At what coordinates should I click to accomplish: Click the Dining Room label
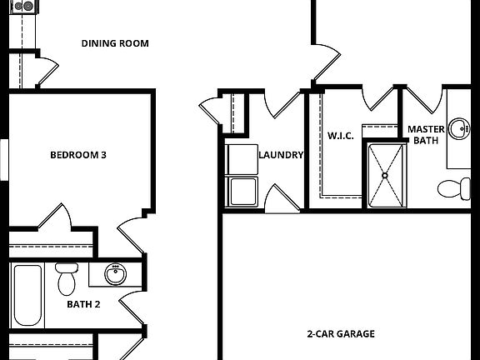pyautogui.click(x=115, y=43)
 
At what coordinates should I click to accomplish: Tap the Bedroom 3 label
pyautogui.click(x=77, y=154)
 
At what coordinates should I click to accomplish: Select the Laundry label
pyautogui.click(x=281, y=155)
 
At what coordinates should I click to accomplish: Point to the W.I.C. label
pyautogui.click(x=341, y=135)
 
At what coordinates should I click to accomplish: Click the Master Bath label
pyautogui.click(x=425, y=135)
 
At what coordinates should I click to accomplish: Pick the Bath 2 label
pyautogui.click(x=83, y=304)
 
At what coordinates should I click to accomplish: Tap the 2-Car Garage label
pyautogui.click(x=340, y=334)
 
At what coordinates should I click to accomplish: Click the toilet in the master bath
pyautogui.click(x=454, y=188)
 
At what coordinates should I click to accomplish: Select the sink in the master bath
pyautogui.click(x=458, y=128)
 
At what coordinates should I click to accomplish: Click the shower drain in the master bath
pyautogui.click(x=385, y=176)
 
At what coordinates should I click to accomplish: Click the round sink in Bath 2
pyautogui.click(x=115, y=273)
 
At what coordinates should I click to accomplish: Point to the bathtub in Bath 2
pyautogui.click(x=27, y=296)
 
